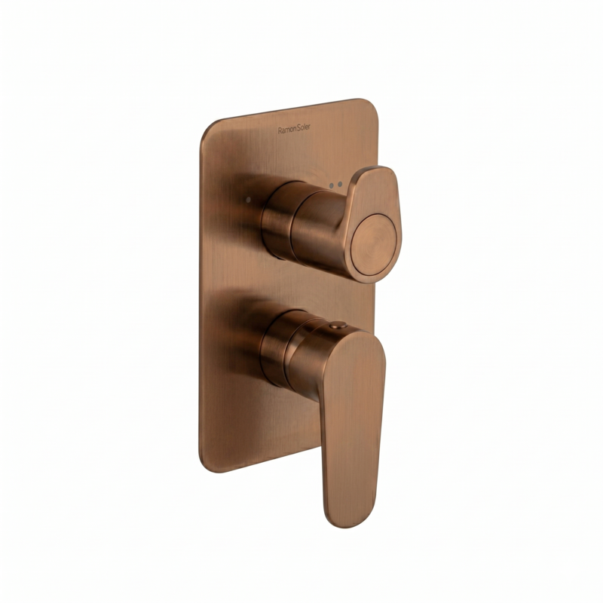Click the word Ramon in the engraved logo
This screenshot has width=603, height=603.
pyautogui.click(x=287, y=130)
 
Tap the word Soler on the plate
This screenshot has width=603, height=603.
pyautogui.click(x=304, y=128)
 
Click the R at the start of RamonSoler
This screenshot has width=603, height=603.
pyautogui.click(x=280, y=131)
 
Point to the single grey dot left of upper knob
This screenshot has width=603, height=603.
pyautogui.click(x=248, y=200)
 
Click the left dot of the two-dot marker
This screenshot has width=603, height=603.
pyautogui.click(x=332, y=185)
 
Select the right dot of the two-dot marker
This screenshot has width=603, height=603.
pyautogui.click(x=340, y=184)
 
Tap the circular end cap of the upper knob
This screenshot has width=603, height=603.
pyautogui.click(x=373, y=245)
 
